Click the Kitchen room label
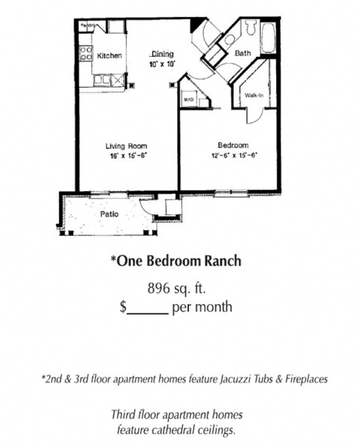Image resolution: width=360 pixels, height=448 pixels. pyautogui.click(x=109, y=55)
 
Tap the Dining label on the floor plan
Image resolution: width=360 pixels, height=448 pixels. pyautogui.click(x=163, y=53)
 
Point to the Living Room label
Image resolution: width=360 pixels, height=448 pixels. pyautogui.click(x=126, y=146)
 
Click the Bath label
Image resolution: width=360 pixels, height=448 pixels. pyautogui.click(x=242, y=54)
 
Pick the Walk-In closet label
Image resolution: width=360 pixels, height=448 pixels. pyautogui.click(x=252, y=95)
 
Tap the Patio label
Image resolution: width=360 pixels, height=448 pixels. pyautogui.click(x=109, y=214)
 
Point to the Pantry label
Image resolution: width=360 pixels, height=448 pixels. pyautogui.click(x=90, y=25)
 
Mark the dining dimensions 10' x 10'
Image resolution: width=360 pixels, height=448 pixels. pyautogui.click(x=163, y=64)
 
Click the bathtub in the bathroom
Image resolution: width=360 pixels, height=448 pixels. pyautogui.click(x=268, y=37)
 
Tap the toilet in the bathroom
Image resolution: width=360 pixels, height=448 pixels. pyautogui.click(x=231, y=37)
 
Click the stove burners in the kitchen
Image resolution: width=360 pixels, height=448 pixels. pyautogui.click(x=86, y=53)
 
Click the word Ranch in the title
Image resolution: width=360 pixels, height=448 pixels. pyautogui.click(x=220, y=261)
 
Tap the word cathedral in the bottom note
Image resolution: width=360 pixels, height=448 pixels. pyautogui.click(x=184, y=429)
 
